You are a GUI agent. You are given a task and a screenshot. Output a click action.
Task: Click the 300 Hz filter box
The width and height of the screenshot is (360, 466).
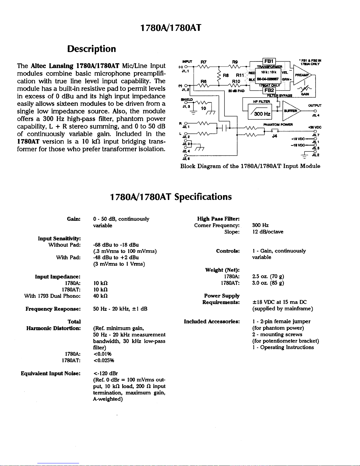260,113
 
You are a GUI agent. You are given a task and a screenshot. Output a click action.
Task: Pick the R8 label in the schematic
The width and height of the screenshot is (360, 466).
226,75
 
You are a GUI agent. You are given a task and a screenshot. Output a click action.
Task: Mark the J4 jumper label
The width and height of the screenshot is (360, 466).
275,136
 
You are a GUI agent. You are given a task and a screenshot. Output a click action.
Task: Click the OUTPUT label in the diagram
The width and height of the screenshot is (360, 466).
315,105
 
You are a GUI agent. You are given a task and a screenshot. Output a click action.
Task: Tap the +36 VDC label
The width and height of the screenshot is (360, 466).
314,127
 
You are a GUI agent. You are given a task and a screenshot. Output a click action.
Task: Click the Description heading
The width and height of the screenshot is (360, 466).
91,49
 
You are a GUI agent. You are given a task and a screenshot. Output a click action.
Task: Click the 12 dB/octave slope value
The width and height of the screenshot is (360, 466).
268,232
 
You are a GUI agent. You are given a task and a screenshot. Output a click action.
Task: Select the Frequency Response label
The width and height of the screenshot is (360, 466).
53,309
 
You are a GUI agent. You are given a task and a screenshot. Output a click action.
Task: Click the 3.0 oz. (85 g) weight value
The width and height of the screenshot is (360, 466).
268,283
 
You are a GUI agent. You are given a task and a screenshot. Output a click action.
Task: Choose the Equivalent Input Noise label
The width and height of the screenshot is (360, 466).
51,373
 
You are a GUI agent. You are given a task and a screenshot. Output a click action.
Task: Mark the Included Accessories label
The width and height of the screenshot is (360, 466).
212,321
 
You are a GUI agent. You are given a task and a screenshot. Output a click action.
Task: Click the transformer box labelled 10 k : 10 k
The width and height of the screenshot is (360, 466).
269,75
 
